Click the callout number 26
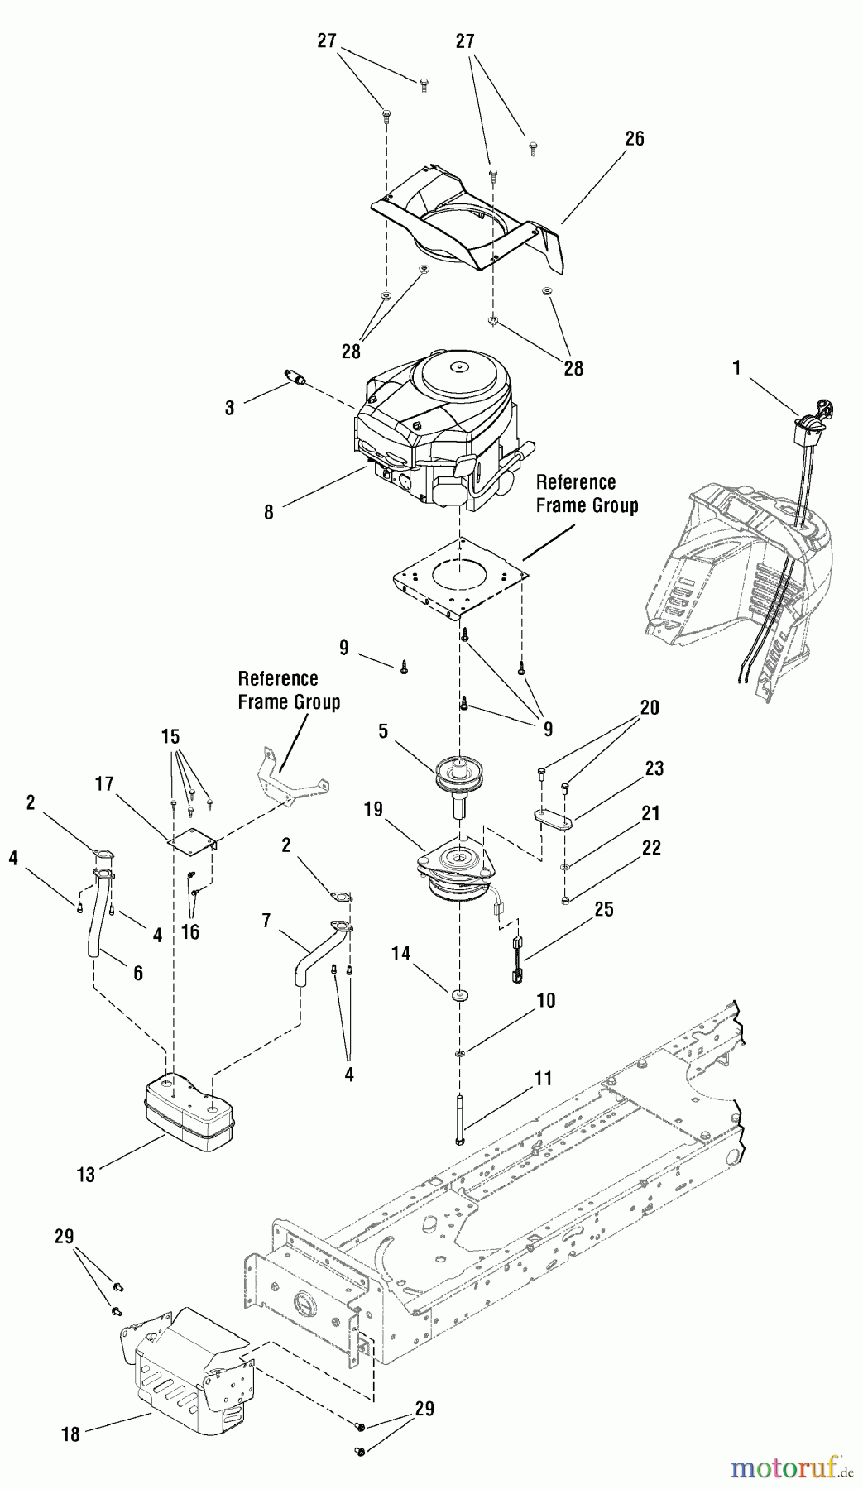click(634, 138)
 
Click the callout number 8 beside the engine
click(269, 512)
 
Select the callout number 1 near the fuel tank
click(736, 368)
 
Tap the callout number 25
click(604, 909)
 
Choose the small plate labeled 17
click(192, 839)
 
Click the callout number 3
click(229, 407)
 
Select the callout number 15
click(170, 736)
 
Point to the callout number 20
click(650, 707)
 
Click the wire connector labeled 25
click(514, 960)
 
